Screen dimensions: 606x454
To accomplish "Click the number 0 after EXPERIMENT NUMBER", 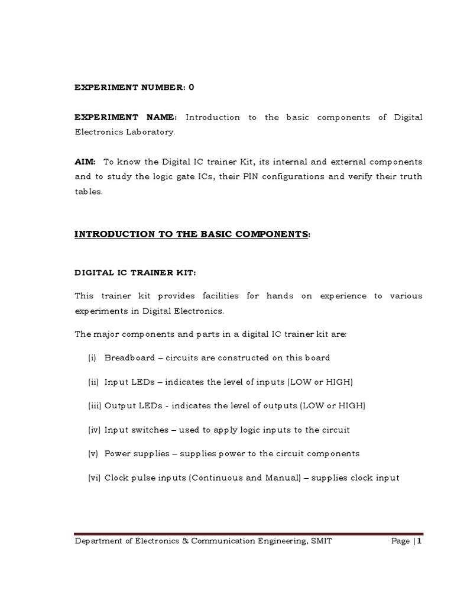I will pos(191,88).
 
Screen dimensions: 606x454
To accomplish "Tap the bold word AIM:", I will pos(85,162).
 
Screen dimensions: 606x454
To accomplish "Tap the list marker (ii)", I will pos(93,382).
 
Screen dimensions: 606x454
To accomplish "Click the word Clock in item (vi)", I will pos(116,478).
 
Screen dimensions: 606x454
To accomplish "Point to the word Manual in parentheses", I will pos(284,478).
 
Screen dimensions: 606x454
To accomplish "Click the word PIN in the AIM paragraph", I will pos(273,176).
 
